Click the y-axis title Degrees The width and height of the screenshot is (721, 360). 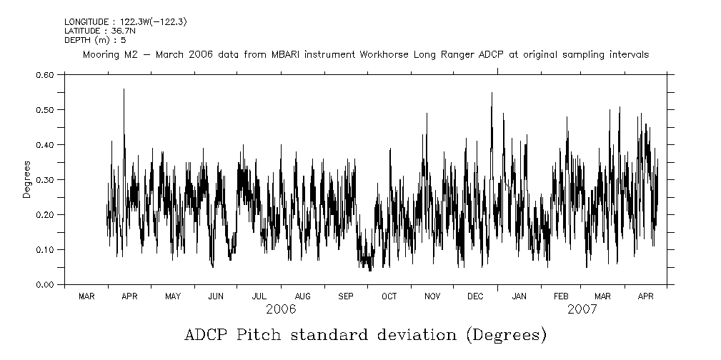[x=26, y=179]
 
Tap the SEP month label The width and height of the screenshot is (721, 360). [x=346, y=296]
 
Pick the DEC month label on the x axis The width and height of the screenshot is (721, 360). [x=475, y=296]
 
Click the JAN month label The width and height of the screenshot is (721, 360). [x=519, y=296]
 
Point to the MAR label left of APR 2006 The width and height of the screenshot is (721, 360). [x=86, y=296]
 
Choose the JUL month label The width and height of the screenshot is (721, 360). [x=259, y=296]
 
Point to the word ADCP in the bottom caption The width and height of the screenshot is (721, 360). [x=208, y=334]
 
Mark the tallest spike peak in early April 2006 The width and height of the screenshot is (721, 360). [x=124, y=89]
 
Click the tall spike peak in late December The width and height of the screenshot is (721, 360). [x=492, y=93]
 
